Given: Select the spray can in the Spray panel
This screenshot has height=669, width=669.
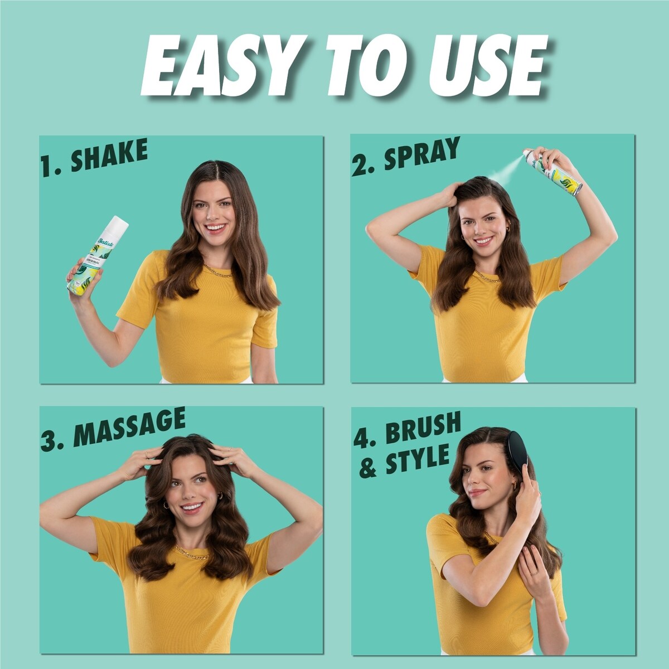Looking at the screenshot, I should (x=555, y=173).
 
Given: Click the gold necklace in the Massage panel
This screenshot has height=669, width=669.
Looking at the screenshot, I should (x=192, y=554).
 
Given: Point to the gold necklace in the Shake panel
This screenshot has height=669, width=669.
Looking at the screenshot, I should (x=219, y=273).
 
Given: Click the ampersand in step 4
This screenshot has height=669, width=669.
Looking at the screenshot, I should (x=368, y=468).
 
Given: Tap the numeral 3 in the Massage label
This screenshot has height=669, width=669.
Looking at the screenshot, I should (x=50, y=440).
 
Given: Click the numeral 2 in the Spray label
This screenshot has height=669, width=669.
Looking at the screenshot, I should (x=360, y=166).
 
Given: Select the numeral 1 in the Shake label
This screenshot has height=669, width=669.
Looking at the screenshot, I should (x=47, y=167).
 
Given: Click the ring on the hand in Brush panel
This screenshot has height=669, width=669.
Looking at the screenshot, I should (x=534, y=572).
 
